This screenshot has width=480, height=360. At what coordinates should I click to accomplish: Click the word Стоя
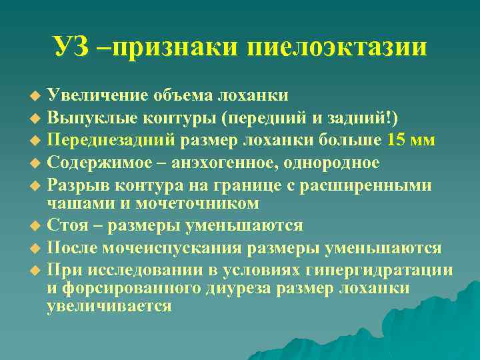coord(65,225)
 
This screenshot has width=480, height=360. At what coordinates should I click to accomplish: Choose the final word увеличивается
coord(109,306)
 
